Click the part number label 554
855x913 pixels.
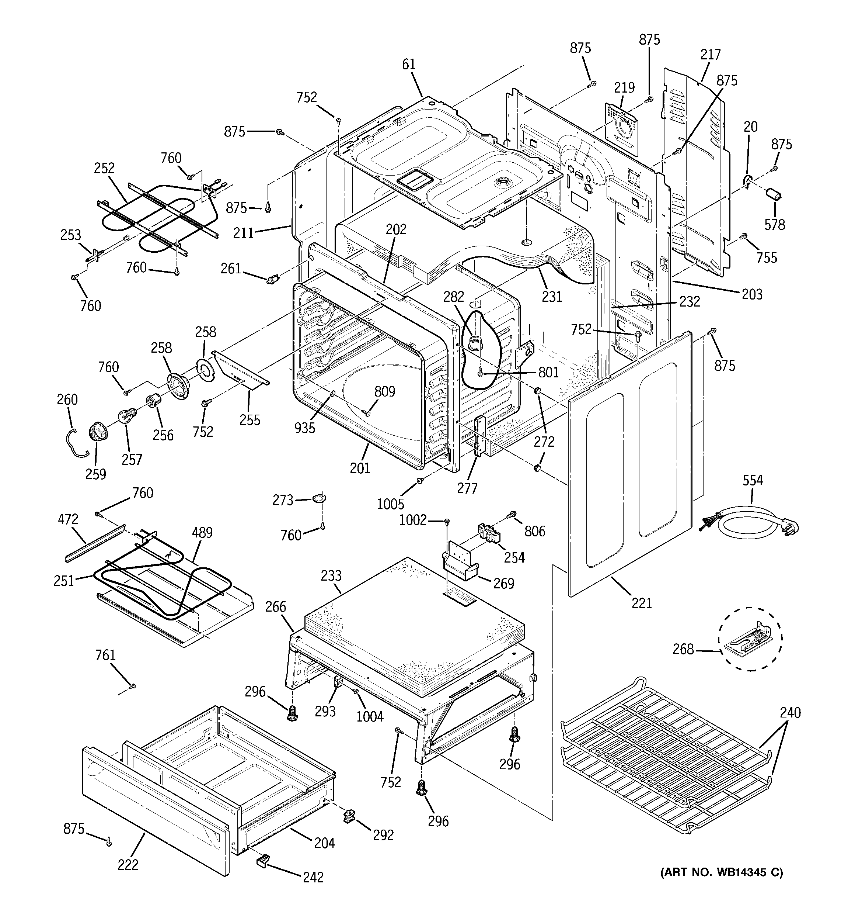pyautogui.click(x=752, y=480)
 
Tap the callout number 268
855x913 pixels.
pyautogui.click(x=683, y=649)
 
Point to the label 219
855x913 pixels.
pyautogui.click(x=624, y=87)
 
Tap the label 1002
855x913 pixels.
pyautogui.click(x=413, y=521)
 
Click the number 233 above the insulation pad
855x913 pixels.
pyautogui.click(x=331, y=575)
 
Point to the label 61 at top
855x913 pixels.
pyautogui.click(x=408, y=65)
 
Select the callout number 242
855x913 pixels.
pyautogui.click(x=313, y=878)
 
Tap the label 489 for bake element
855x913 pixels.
pyautogui.click(x=202, y=533)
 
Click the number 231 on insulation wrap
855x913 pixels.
pyautogui.click(x=552, y=297)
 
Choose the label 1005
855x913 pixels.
pyautogui.click(x=390, y=504)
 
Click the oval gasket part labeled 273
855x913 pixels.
pyautogui.click(x=320, y=497)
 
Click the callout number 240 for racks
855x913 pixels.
pyautogui.click(x=790, y=713)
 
